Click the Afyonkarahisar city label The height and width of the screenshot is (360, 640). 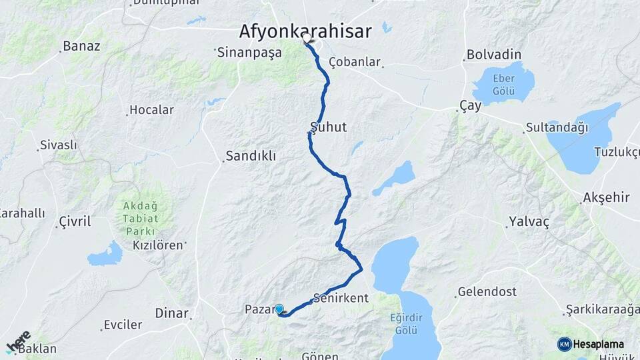coord(305,31)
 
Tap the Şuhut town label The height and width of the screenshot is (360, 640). coord(329,127)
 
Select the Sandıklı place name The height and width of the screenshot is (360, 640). coord(251,156)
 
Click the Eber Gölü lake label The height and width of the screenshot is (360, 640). coord(503,85)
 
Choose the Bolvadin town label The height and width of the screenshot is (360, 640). coord(494,54)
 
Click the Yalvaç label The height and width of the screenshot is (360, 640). coord(529,222)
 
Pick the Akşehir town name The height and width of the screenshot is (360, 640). coord(606,197)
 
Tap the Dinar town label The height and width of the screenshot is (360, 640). coord(172,313)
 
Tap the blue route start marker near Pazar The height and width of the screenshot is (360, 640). coord(279,309)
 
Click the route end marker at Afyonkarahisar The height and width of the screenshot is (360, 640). coord(307,39)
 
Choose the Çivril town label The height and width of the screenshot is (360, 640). coord(75,221)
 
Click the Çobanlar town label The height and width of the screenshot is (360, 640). coord(355,62)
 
